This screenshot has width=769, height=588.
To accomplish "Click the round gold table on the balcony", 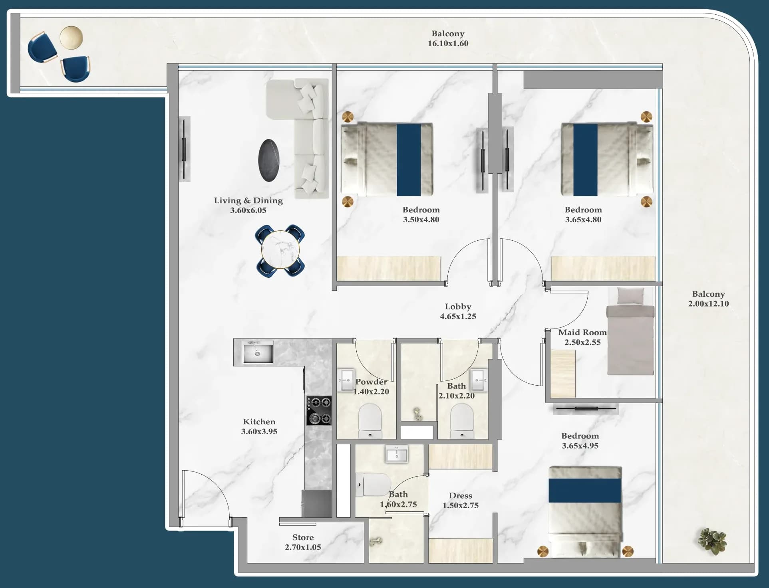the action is [72, 38].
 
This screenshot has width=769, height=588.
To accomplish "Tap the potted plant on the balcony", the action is [712, 542].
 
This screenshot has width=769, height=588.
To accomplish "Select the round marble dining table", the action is [280, 251].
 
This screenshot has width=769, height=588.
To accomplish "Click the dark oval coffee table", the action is [269, 160].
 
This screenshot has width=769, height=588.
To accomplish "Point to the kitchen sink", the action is [258, 352].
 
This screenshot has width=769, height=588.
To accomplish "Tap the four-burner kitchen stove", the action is [319, 410].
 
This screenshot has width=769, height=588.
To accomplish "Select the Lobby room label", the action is [458, 307].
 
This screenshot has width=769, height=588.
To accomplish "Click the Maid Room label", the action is [582, 333].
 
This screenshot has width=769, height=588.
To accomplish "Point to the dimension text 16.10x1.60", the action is [448, 44].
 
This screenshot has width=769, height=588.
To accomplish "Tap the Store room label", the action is [303, 537].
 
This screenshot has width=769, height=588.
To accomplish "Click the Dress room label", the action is [460, 495].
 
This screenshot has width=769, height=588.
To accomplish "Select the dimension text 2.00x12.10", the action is [708, 304].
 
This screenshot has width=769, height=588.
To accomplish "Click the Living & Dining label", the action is [248, 200].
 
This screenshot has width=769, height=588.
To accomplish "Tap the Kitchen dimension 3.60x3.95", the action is [259, 432].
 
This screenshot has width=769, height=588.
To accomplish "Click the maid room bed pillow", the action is [630, 296].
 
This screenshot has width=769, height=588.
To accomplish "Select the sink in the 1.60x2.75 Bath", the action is [397, 454].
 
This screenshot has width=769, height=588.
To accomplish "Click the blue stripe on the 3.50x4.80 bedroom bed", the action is [409, 160].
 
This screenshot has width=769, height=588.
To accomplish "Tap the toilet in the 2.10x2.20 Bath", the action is [462, 421].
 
